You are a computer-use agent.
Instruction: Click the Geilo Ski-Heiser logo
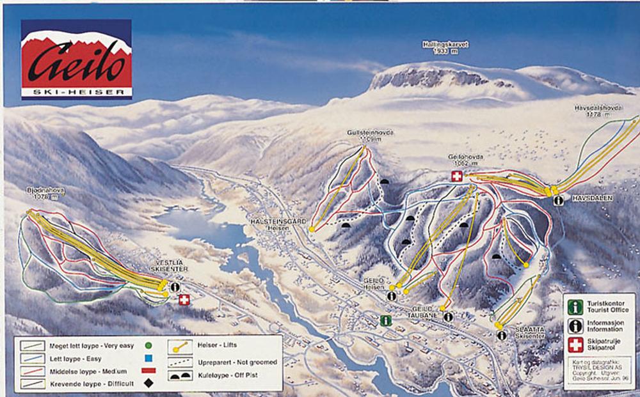pyautogui.click(x=76, y=59)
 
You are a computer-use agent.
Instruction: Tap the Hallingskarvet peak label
pyautogui.click(x=445, y=48)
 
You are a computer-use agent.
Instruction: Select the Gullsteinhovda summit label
pyautogui.click(x=370, y=136)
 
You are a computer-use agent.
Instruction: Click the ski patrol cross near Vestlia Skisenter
pyautogui.click(x=184, y=299)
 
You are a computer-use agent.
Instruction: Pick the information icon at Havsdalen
pyautogui.click(x=559, y=200)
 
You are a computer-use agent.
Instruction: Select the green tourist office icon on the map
pyautogui.click(x=385, y=321)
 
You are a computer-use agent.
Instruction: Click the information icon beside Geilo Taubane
pyautogui.click(x=448, y=316)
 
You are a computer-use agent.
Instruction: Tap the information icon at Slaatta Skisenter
pyautogui.click(x=502, y=336)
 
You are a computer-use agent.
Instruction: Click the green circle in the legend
pyautogui.click(x=148, y=346)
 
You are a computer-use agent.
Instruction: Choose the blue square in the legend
pyautogui.click(x=148, y=358)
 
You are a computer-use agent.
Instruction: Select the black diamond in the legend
pyautogui.click(x=148, y=383)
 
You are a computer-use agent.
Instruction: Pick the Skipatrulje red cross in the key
pyautogui.click(x=575, y=345)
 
